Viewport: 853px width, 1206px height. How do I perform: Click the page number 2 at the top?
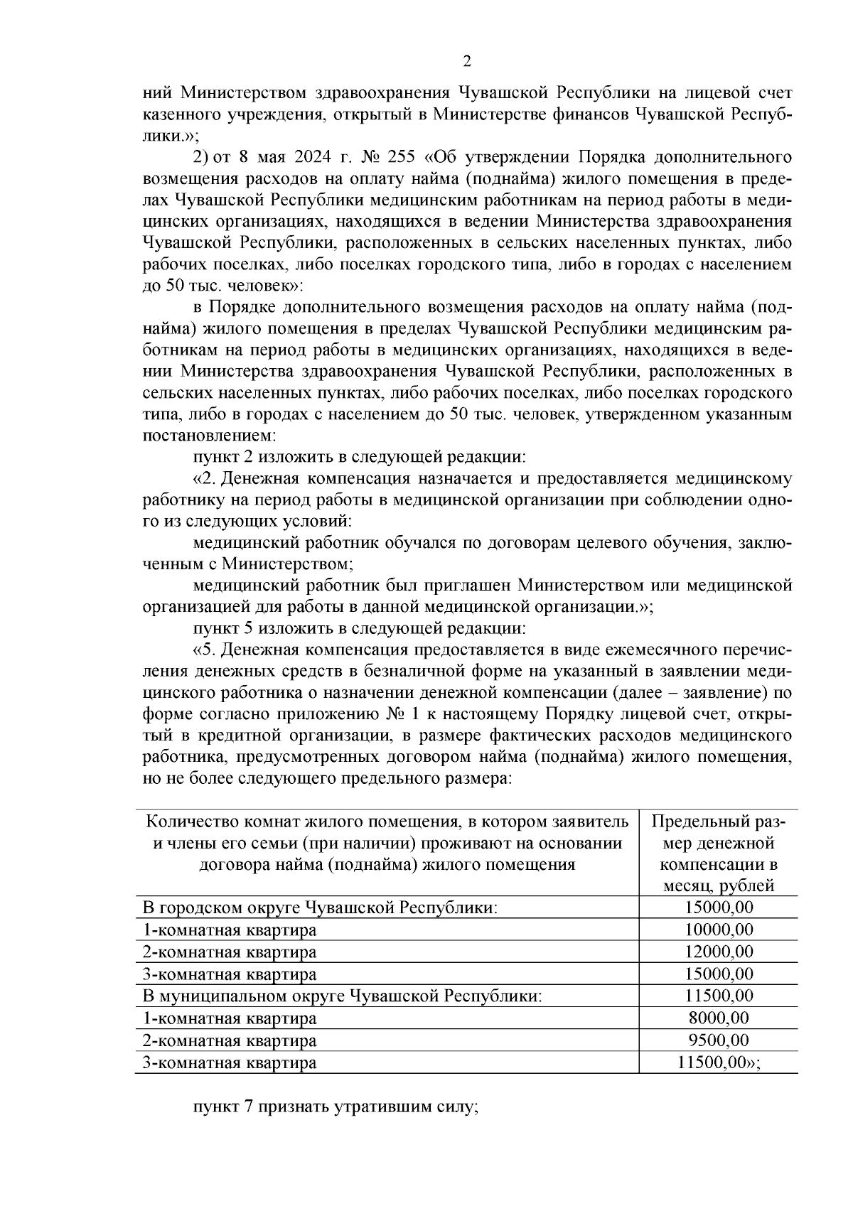pyautogui.click(x=466, y=62)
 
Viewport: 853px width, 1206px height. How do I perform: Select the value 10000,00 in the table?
pyautogui.click(x=719, y=930)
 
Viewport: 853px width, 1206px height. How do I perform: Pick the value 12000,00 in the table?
pyautogui.click(x=719, y=952)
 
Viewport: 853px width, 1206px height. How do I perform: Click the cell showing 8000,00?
pyautogui.click(x=719, y=1018)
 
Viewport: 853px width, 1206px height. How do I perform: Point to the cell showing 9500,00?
pyautogui.click(x=719, y=1040)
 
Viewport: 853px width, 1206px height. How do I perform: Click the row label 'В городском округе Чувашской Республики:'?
pyautogui.click(x=320, y=908)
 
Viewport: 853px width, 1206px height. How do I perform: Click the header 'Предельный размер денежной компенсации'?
pyautogui.click(x=719, y=854)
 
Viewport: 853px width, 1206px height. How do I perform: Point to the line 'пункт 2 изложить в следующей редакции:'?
pyautogui.click(x=360, y=456)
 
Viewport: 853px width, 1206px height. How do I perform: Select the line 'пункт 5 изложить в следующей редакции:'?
pyautogui.click(x=360, y=629)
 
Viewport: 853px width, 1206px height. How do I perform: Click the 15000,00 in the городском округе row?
pyautogui.click(x=719, y=908)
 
